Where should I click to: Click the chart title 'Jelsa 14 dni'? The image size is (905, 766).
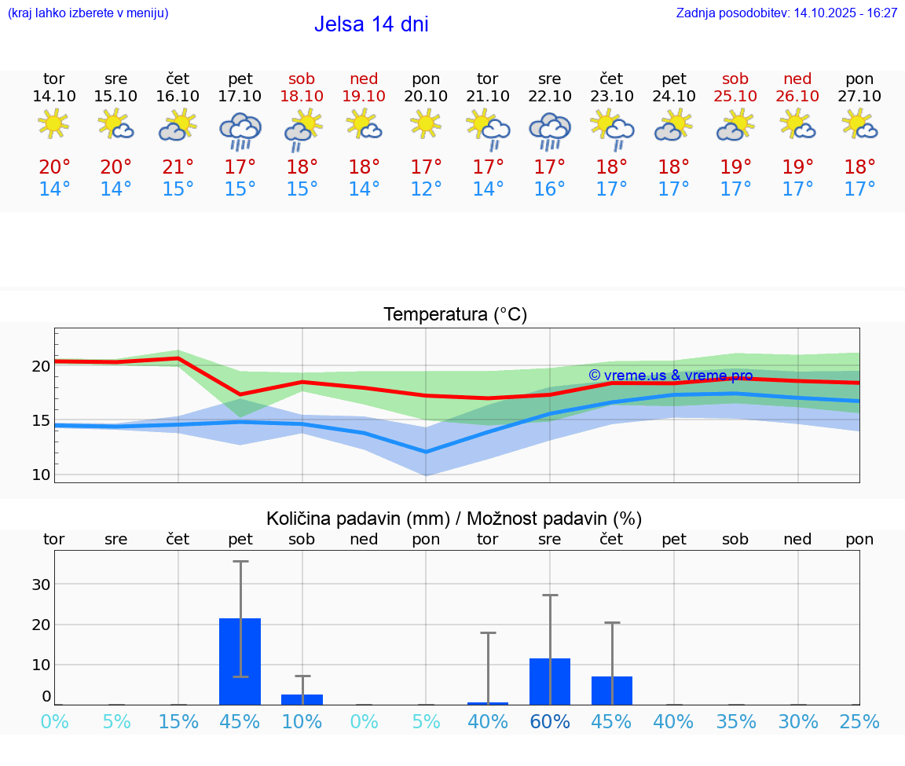[x=371, y=24]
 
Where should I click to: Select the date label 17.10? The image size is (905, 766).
[x=240, y=96]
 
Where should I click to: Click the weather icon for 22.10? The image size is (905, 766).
[x=549, y=129]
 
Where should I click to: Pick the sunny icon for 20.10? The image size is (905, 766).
[x=426, y=123]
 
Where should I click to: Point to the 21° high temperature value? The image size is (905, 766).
[x=178, y=167]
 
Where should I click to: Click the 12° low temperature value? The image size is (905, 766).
[x=426, y=189]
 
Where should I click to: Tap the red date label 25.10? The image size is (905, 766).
[x=735, y=96]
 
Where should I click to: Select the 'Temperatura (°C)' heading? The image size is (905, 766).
[x=455, y=315]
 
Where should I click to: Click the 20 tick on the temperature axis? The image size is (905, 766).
[x=42, y=366]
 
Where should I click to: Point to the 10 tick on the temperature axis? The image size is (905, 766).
[x=42, y=475]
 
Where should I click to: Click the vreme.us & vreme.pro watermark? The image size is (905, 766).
[x=670, y=376]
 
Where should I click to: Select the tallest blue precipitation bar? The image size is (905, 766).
[x=240, y=661]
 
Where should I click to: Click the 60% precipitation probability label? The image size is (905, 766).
[x=549, y=721]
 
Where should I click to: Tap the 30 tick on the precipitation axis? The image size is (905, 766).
[x=41, y=585]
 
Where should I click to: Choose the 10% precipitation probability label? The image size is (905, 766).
[x=302, y=721]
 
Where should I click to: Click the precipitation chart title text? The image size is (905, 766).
[x=454, y=519]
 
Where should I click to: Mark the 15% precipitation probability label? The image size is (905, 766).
[x=178, y=721]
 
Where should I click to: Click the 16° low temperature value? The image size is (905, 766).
[x=549, y=189]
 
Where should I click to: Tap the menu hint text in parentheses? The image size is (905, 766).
[x=88, y=13]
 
